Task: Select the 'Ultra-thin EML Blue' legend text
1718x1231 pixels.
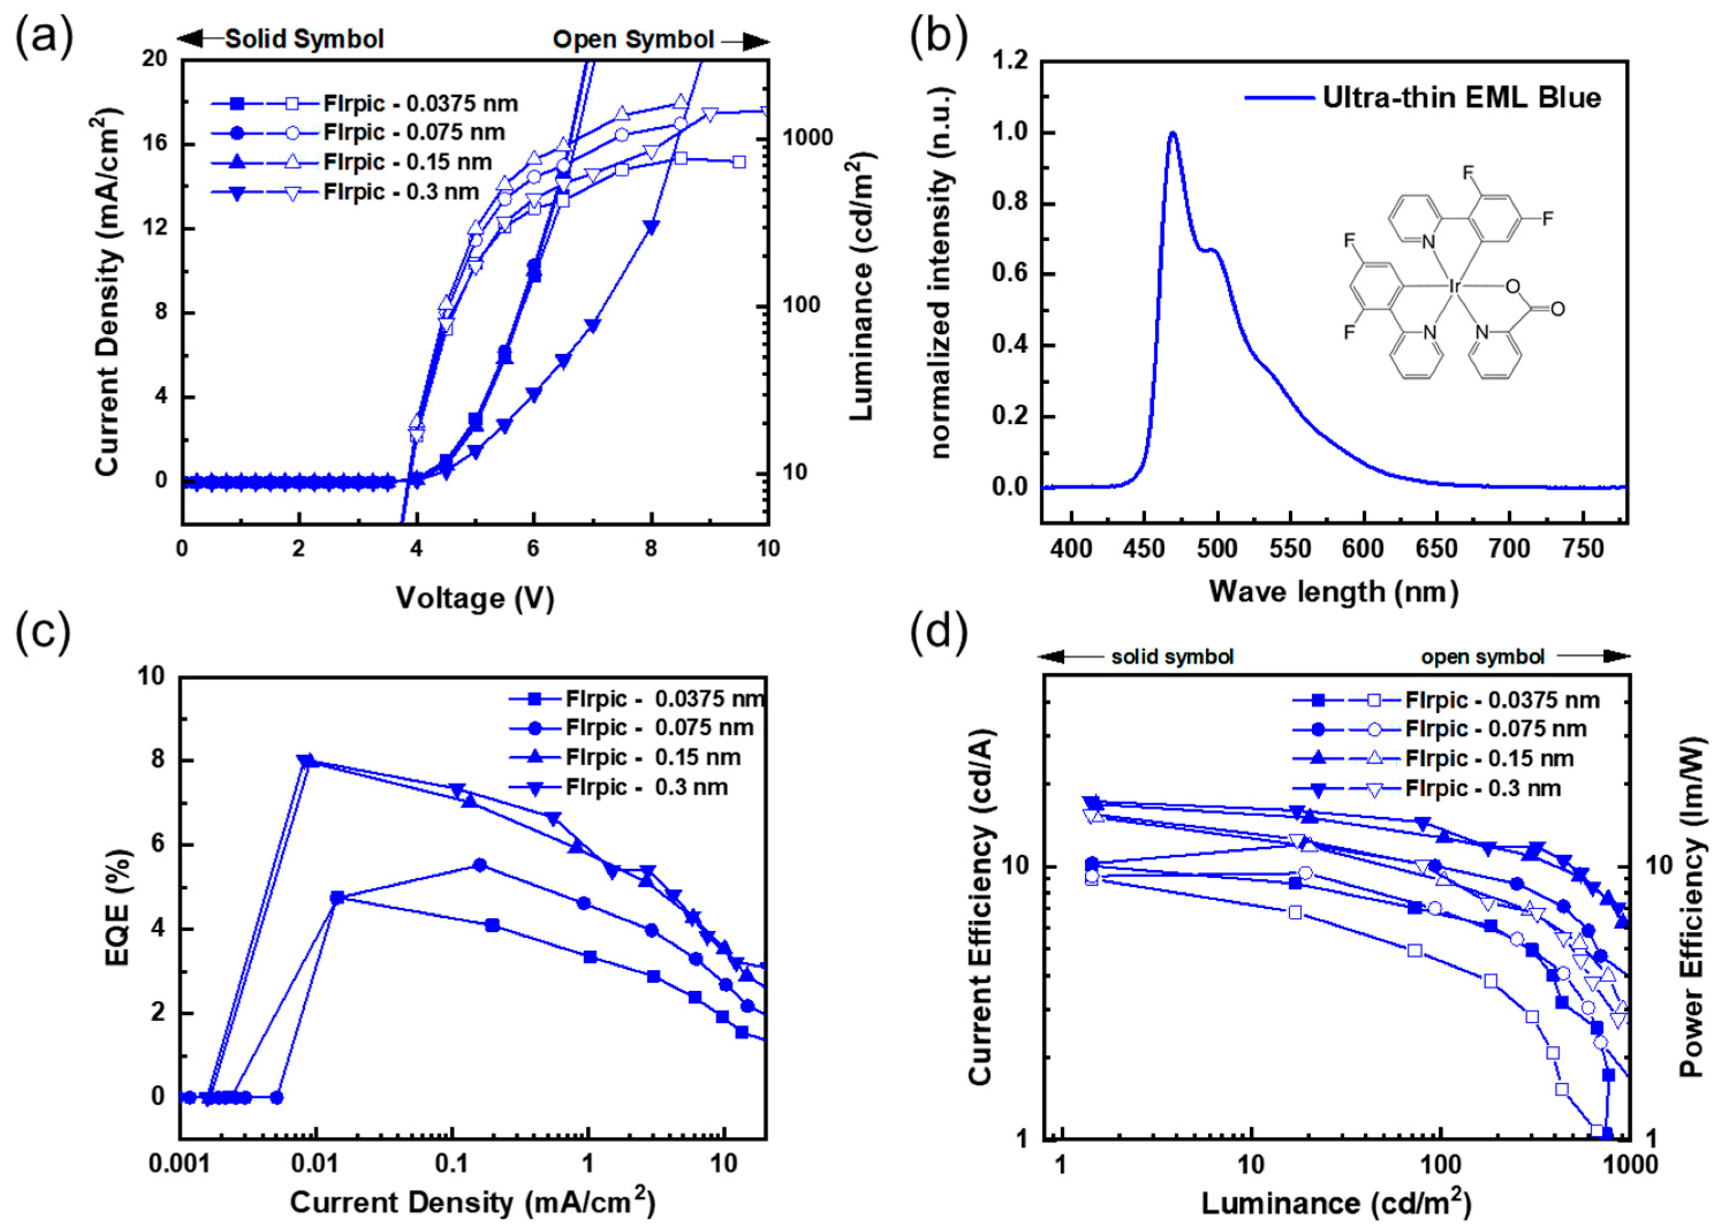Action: coord(1461,98)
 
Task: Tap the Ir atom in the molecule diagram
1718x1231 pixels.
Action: coord(1454,287)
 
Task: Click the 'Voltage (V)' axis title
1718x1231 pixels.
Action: coord(475,599)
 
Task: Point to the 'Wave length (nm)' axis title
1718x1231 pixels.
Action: coord(1333,591)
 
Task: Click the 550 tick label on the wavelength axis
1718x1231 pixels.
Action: coord(1289,548)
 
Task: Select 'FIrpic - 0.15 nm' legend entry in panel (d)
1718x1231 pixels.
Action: coord(1488,759)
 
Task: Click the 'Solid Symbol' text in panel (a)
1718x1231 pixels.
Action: coord(305,39)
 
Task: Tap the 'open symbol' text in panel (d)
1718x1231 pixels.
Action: coord(1482,657)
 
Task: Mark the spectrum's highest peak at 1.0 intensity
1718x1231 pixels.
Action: coord(1173,134)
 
